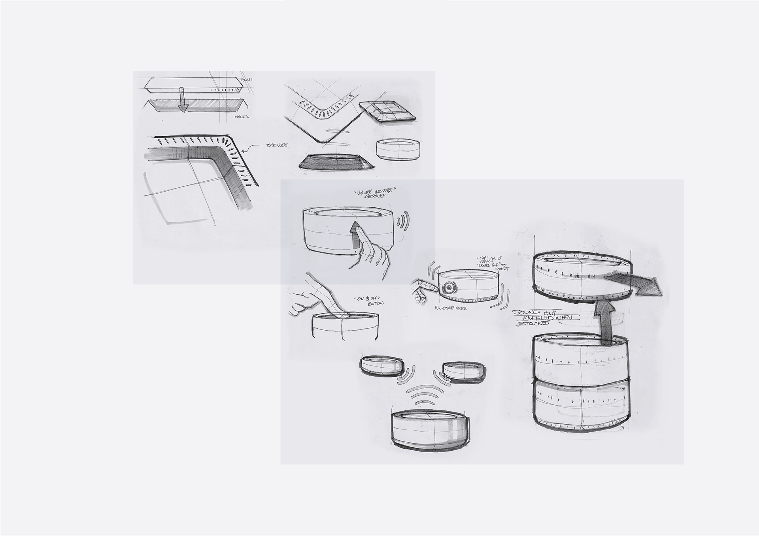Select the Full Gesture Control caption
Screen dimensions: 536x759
pos(450,308)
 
